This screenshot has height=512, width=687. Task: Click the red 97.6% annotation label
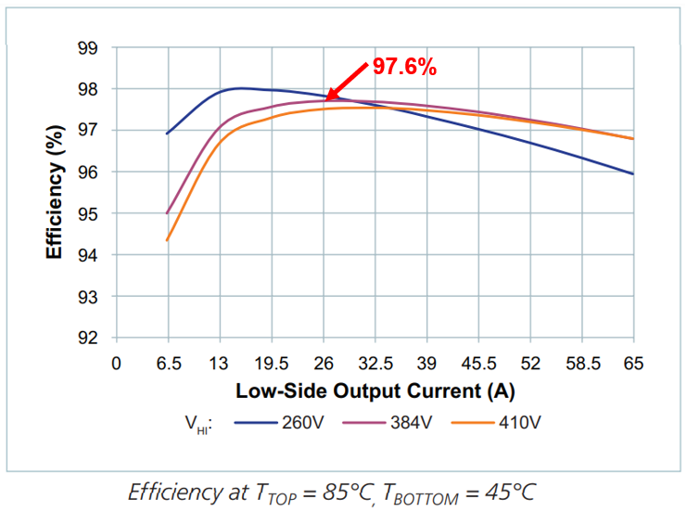tap(404, 66)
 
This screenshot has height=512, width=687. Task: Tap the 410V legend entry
tap(499, 422)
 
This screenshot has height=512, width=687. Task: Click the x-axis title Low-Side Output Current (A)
tap(375, 390)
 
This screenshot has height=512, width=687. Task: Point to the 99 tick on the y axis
tap(91, 48)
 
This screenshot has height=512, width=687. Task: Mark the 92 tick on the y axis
tap(91, 338)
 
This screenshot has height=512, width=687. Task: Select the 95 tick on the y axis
tap(91, 213)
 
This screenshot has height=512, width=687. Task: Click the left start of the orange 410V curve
tap(167, 240)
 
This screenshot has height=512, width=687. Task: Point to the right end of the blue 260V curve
tap(633, 173)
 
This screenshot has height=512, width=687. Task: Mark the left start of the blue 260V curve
tap(167, 134)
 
